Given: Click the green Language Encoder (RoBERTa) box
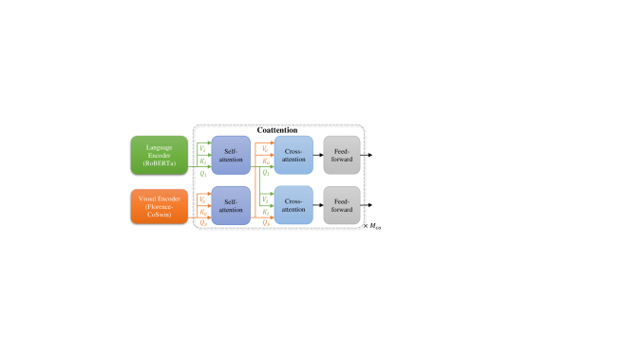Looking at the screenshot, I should [x=159, y=154].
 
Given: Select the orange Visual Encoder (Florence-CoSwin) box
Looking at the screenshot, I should [x=159, y=205].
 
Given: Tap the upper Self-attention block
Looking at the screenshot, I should [x=230, y=154].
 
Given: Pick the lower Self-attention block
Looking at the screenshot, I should [x=230, y=205].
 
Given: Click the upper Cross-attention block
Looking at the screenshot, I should [x=293, y=154].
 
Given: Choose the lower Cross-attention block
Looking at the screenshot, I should [x=293, y=205].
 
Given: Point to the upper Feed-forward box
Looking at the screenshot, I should [x=341, y=154].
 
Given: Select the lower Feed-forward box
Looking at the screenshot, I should [x=341, y=205].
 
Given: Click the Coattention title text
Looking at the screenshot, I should [x=277, y=130].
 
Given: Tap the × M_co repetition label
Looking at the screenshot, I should [x=372, y=227].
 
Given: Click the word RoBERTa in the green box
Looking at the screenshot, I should [x=159, y=164].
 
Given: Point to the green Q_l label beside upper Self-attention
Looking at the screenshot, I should [x=202, y=174].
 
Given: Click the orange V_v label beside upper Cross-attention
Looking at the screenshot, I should [x=264, y=148].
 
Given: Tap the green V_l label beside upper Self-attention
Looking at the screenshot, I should [x=202, y=148].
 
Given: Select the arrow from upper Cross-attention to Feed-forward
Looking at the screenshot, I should [x=317, y=154].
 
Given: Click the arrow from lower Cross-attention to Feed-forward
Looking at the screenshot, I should [x=317, y=205].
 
